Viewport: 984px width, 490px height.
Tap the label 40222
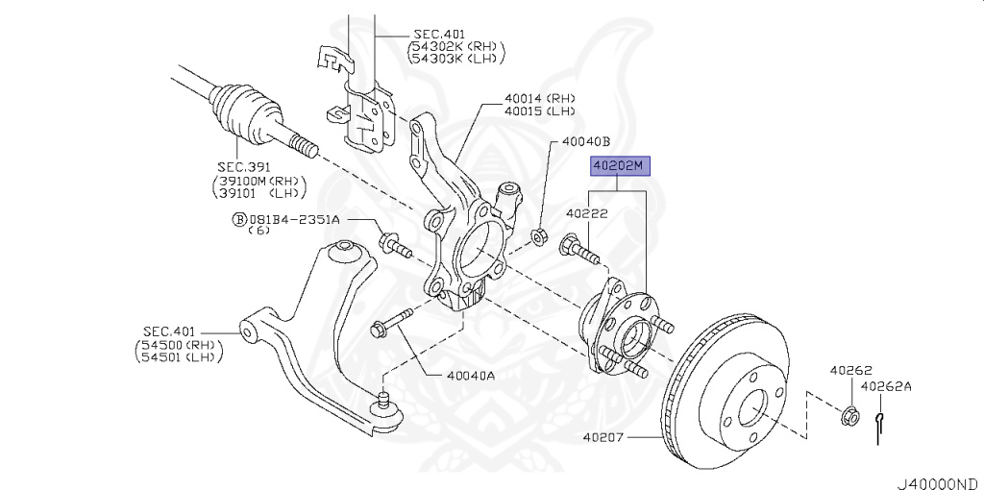(x=586, y=213)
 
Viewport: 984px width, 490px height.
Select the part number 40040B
(x=586, y=141)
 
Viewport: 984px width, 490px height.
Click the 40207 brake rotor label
(x=603, y=438)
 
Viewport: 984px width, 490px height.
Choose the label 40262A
(x=885, y=387)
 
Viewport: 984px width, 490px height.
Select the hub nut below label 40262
(x=849, y=416)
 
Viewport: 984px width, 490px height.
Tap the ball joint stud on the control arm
(x=383, y=397)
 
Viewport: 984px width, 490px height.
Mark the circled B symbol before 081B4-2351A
(x=238, y=219)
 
